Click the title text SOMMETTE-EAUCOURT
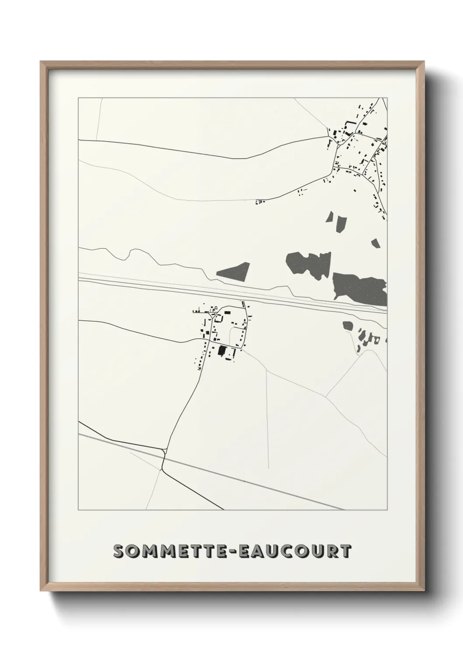(231, 551)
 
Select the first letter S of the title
(118, 552)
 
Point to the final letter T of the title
(345, 552)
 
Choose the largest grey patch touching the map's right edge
(360, 287)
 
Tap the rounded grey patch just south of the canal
(348, 326)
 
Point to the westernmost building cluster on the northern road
(260, 202)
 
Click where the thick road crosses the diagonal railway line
(164, 455)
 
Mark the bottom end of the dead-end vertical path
(268, 468)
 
